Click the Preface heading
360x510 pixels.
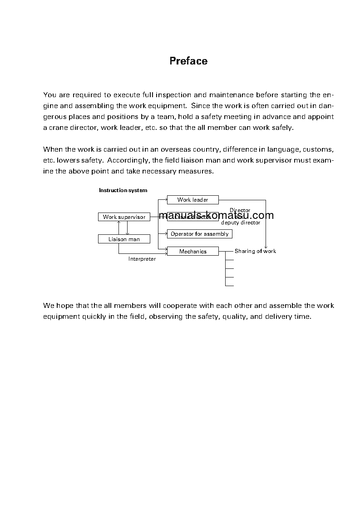pos(188,61)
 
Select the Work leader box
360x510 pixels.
pos(192,200)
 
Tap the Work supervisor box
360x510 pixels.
pos(124,217)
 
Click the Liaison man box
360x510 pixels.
pos(124,239)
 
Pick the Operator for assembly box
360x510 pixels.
pos(199,234)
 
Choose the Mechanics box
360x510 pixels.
pos(192,252)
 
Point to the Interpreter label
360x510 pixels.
pos(142,259)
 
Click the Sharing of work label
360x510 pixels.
pos(255,251)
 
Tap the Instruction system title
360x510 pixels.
pos(123,190)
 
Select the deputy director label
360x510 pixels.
pos(241,223)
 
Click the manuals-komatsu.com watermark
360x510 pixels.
pos(217,215)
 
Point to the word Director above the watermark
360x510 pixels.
pos(240,210)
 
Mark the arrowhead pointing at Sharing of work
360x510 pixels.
pos(266,247)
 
